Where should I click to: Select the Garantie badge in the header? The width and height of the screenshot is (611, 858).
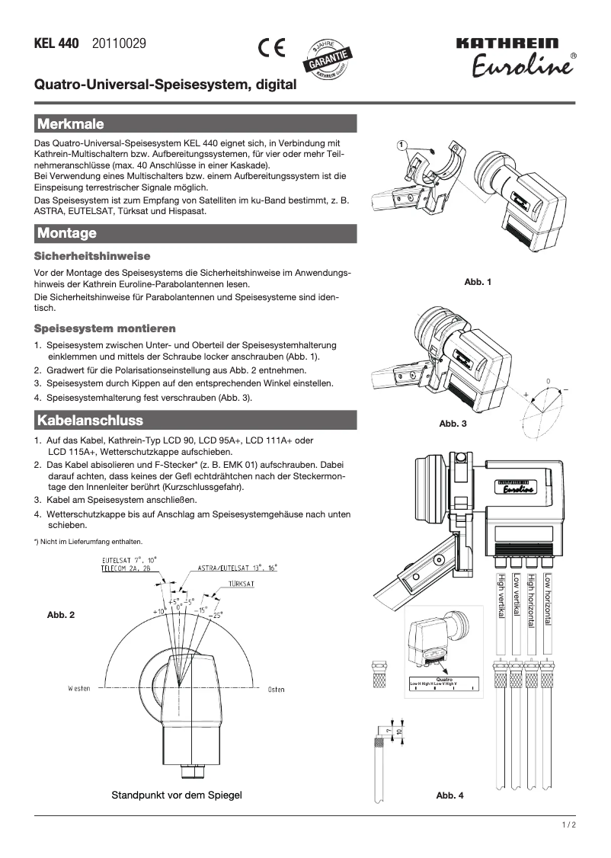tap(328, 58)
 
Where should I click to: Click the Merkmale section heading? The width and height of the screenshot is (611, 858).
tap(70, 123)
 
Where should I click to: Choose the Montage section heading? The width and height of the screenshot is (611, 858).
tap(67, 233)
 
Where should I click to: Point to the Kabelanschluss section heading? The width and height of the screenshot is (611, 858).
tap(90, 420)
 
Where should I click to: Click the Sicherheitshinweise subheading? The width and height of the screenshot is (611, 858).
tap(92, 256)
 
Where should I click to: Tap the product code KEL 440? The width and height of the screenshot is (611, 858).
tap(56, 44)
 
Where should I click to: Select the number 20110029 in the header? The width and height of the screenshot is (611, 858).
tap(119, 44)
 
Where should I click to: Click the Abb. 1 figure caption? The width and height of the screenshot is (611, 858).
tap(478, 283)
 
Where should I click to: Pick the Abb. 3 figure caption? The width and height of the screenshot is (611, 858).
tap(453, 423)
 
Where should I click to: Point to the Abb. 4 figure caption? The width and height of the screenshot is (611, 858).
tap(449, 796)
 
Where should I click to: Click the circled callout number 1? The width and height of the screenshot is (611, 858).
tap(401, 145)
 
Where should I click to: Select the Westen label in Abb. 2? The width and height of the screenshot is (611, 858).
tap(78, 689)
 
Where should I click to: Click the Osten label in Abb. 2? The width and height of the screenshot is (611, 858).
tap(276, 690)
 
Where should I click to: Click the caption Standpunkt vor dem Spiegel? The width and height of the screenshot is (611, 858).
tap(177, 795)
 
